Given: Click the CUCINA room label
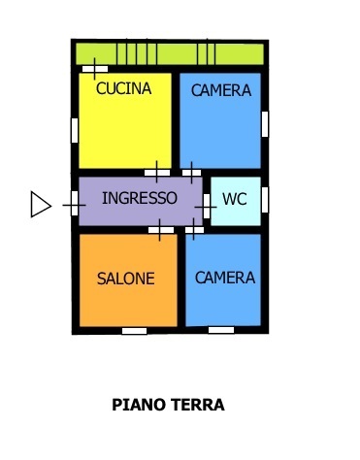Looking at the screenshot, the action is pyautogui.click(x=124, y=88).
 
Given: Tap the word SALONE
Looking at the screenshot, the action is pyautogui.click(x=126, y=279).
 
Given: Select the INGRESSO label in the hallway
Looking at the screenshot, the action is pyautogui.click(x=140, y=198).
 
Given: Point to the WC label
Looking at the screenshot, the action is pyautogui.click(x=235, y=199).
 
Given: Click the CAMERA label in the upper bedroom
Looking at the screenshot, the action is pyautogui.click(x=221, y=90).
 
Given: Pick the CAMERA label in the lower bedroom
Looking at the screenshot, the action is pyautogui.click(x=225, y=278).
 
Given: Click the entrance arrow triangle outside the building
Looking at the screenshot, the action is pyautogui.click(x=41, y=204).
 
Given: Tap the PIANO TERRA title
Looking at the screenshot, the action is pyautogui.click(x=168, y=405).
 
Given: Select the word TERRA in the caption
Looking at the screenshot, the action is pyautogui.click(x=197, y=405).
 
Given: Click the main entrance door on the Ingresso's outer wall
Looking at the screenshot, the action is pyautogui.click(x=75, y=204).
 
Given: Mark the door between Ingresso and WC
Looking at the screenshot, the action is pyautogui.click(x=207, y=206).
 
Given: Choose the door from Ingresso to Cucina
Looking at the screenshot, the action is pyautogui.click(x=157, y=173).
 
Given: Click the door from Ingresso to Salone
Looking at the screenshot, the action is pyautogui.click(x=161, y=230).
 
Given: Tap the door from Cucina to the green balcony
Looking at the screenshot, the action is pyautogui.click(x=95, y=69).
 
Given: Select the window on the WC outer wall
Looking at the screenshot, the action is pyautogui.click(x=265, y=200).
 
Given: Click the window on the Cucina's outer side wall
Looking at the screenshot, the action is pyautogui.click(x=75, y=130).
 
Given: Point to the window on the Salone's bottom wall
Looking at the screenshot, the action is pyautogui.click(x=134, y=331).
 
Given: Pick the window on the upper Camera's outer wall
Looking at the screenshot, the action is pyautogui.click(x=265, y=124).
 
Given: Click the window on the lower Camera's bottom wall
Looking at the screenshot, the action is pyautogui.click(x=221, y=330).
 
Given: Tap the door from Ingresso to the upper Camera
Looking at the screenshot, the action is pyautogui.click(x=191, y=173).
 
